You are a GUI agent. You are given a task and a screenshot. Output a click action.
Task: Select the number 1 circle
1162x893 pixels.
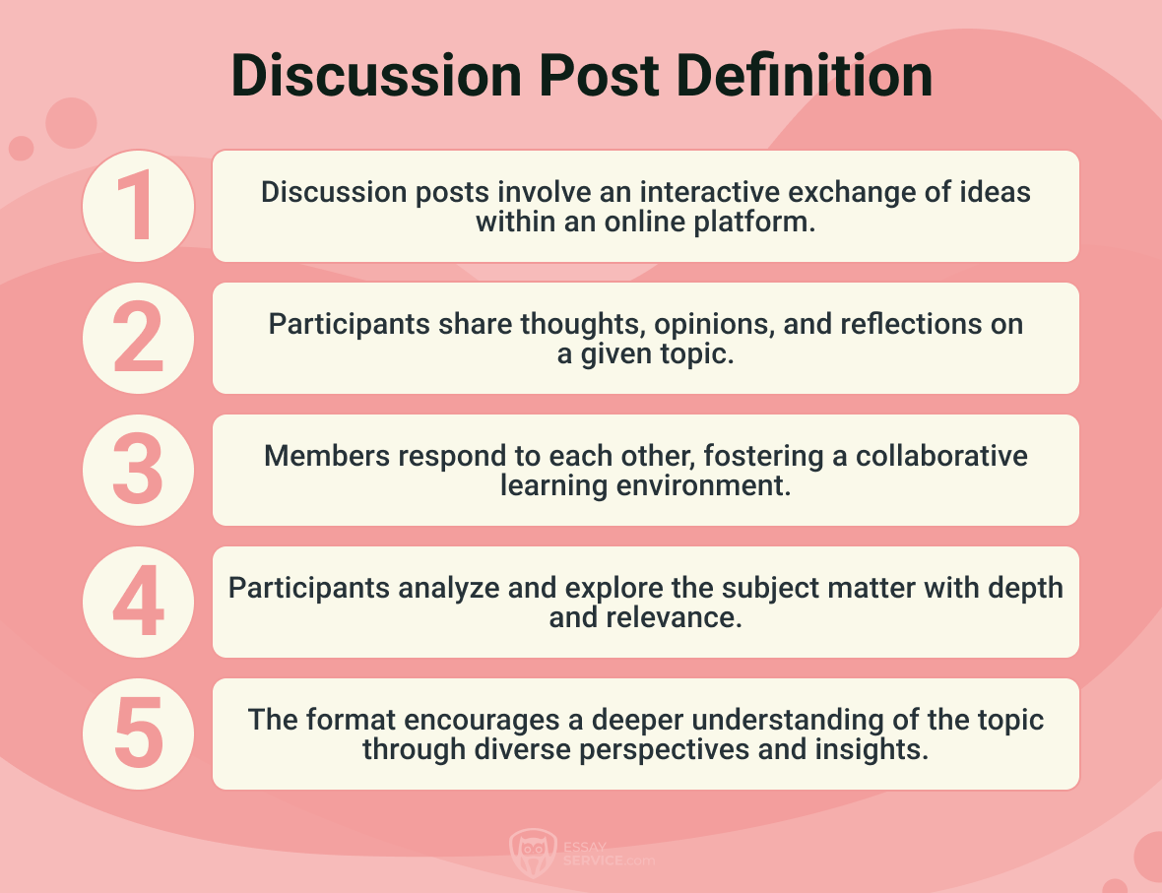(138, 206)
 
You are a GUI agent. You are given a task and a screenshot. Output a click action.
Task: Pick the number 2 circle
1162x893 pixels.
(138, 338)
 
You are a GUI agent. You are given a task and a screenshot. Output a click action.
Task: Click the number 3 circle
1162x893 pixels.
(138, 470)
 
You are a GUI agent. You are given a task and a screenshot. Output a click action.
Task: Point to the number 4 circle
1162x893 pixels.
(138, 602)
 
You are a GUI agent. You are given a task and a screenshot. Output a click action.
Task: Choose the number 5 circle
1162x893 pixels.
(138, 734)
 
